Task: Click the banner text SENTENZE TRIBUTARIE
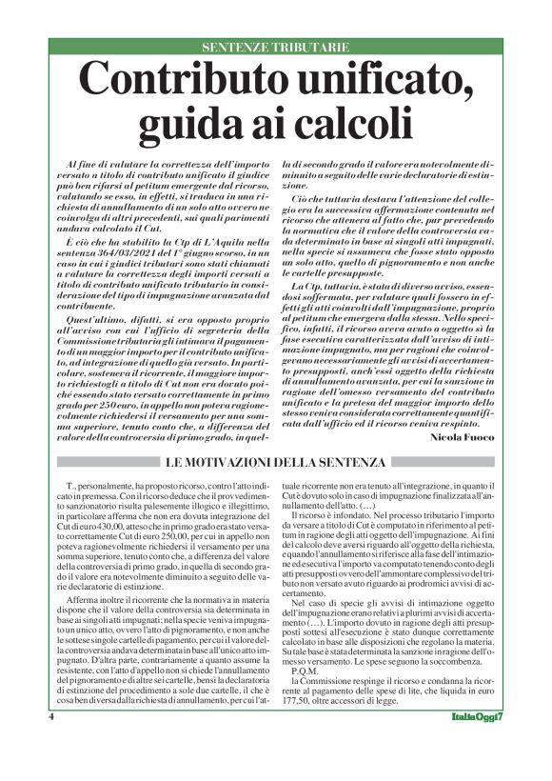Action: click(x=275, y=48)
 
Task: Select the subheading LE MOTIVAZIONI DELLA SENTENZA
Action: click(x=275, y=463)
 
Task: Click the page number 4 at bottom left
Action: click(x=50, y=743)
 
